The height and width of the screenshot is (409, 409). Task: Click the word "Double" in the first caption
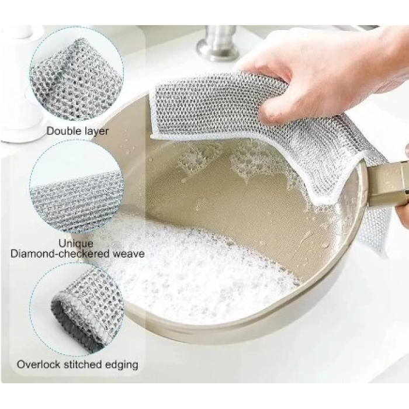tap(61, 130)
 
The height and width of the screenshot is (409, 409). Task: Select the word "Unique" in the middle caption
tap(76, 244)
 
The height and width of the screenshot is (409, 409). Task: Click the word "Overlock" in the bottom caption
tap(39, 364)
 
